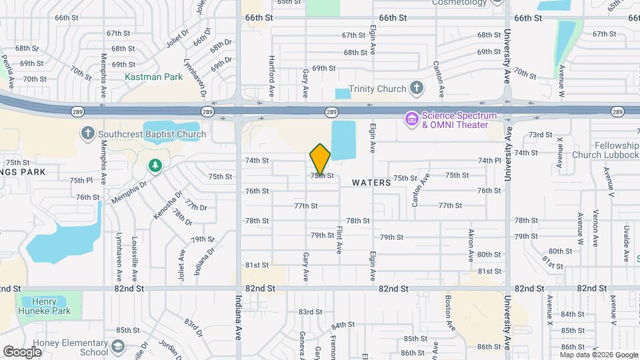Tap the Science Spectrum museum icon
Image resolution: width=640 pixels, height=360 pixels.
411,119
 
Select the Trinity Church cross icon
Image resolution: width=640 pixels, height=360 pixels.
417,88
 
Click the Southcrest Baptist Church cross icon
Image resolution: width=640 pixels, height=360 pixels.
87,133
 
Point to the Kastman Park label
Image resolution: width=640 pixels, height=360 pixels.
153,77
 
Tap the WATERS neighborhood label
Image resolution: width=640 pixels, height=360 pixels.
371,182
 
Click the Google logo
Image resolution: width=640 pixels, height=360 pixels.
23,351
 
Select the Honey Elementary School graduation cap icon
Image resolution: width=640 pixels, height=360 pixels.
118,347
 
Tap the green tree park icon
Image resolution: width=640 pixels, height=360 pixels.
155,165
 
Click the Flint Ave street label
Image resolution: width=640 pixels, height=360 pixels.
339,240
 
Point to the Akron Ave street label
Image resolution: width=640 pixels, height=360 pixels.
471,245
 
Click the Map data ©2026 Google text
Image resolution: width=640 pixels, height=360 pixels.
597,353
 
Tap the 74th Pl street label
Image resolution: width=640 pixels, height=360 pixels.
489,161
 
